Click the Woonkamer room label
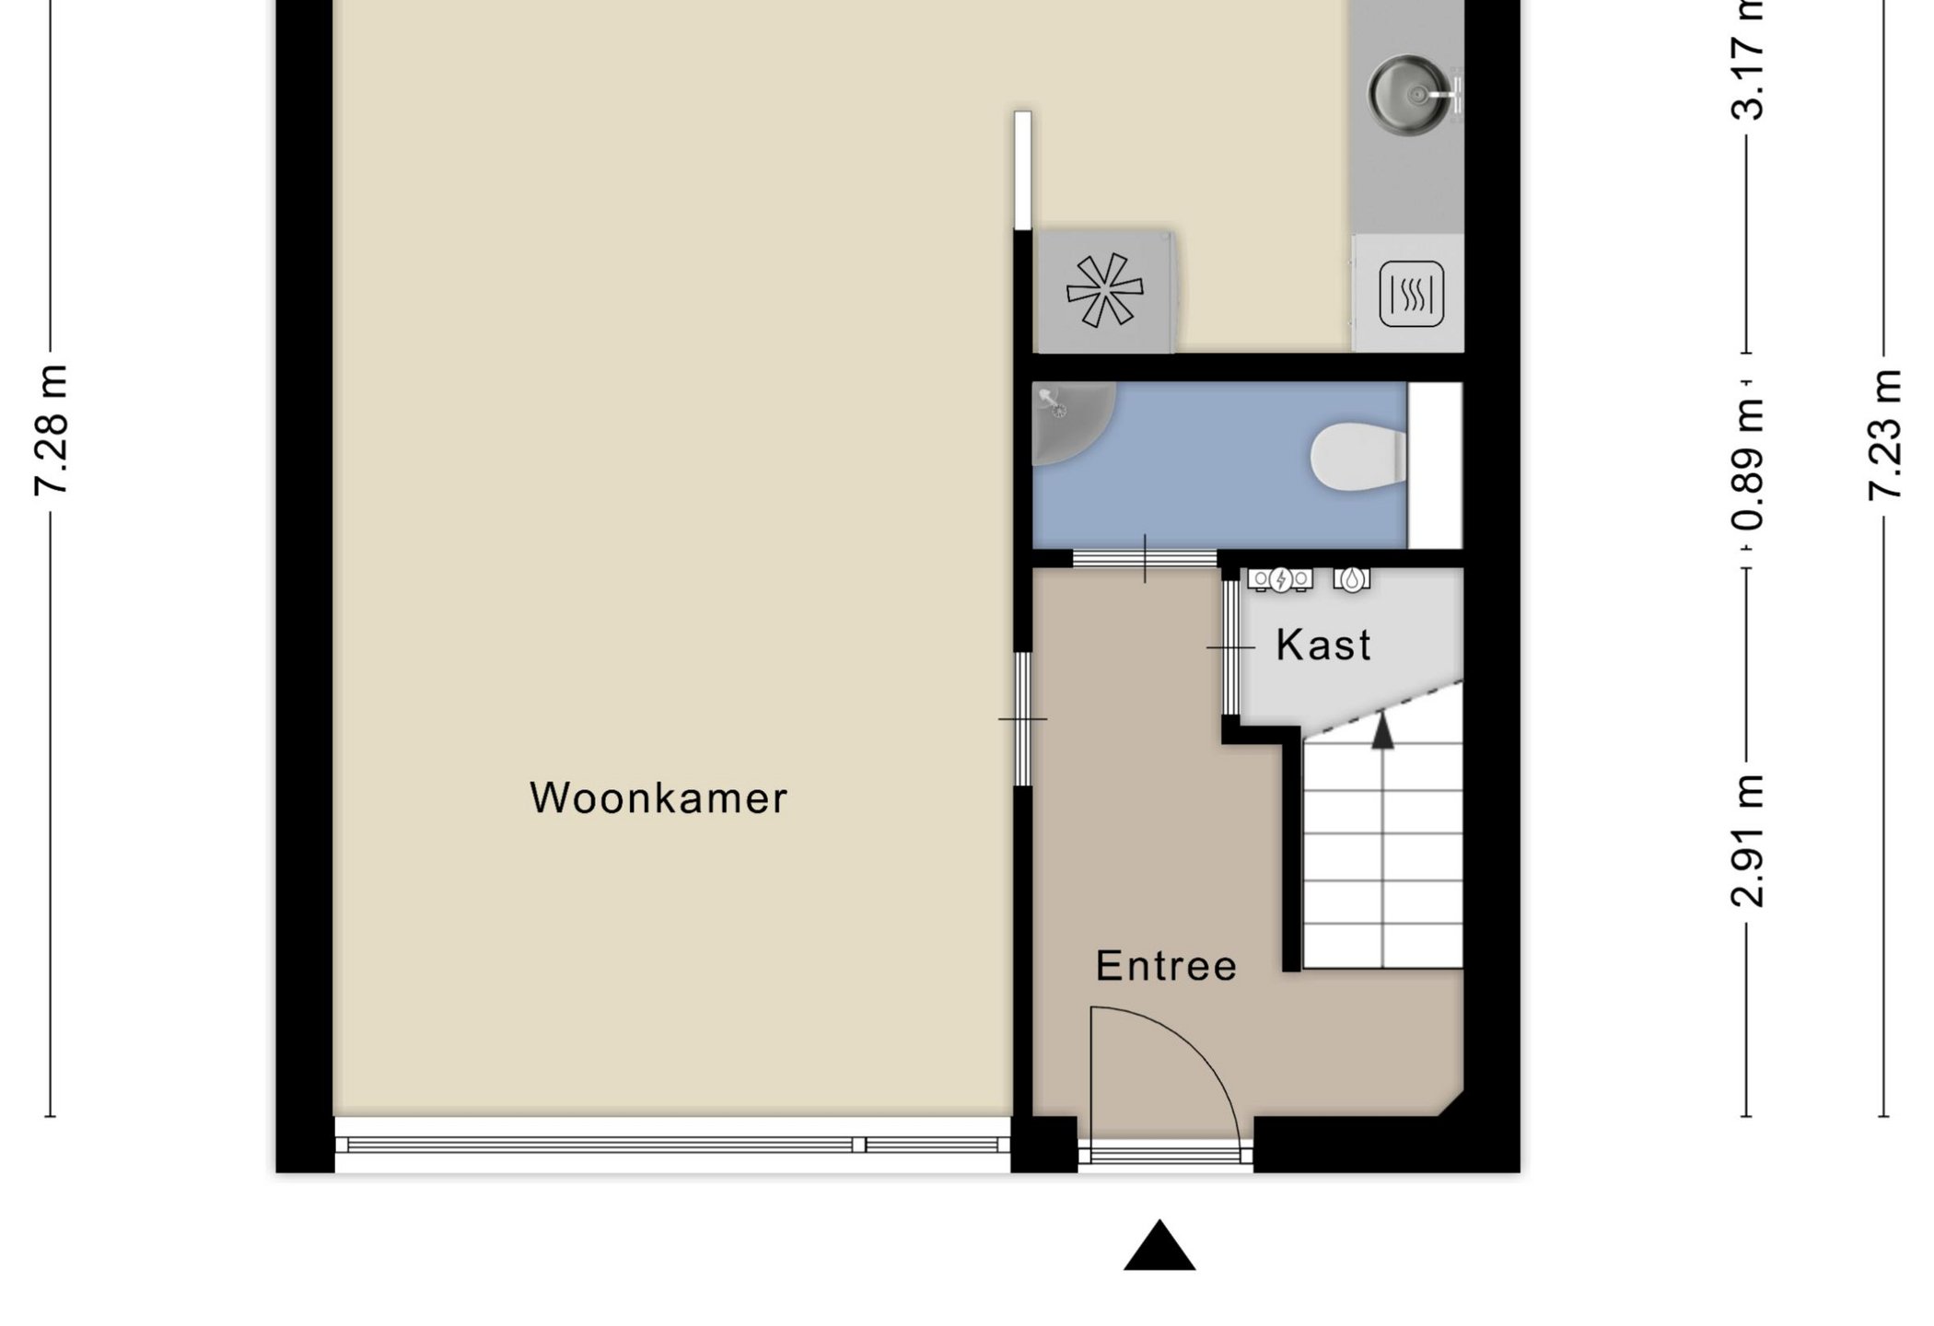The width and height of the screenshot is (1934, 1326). (658, 798)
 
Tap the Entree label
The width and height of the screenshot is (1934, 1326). (1166, 966)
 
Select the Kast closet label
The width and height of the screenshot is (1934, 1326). (1323, 645)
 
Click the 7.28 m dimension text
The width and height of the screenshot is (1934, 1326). (52, 431)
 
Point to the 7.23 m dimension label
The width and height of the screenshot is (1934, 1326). (1884, 435)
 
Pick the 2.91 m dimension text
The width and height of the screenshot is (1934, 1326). (1747, 842)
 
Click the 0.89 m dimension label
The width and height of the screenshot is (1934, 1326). (1747, 465)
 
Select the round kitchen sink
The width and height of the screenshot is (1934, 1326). (1407, 95)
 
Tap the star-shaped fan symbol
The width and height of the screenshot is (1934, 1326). (1104, 290)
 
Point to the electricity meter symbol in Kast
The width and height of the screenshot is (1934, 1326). (1280, 579)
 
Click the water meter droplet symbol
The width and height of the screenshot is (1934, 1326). (1351, 579)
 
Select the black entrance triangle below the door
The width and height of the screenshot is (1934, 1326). (1159, 1248)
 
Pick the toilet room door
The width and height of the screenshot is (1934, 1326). (1145, 558)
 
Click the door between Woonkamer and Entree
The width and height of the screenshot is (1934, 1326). (1023, 718)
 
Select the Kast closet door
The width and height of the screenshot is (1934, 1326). (1230, 647)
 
